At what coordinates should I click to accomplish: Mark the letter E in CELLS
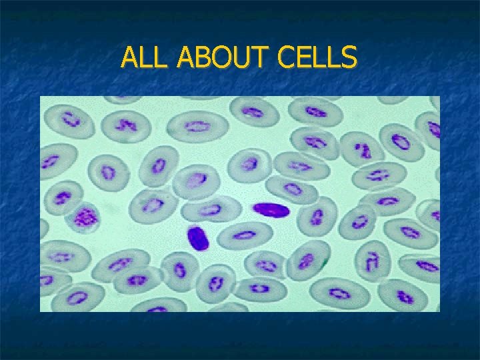tap(302, 58)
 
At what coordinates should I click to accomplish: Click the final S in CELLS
tap(348, 58)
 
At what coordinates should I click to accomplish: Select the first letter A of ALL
tap(131, 58)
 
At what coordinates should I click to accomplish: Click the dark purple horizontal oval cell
tap(271, 210)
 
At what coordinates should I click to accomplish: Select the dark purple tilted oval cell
tap(197, 238)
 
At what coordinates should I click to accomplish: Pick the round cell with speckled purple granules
tap(85, 217)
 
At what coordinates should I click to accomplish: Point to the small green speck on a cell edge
tap(325, 263)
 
